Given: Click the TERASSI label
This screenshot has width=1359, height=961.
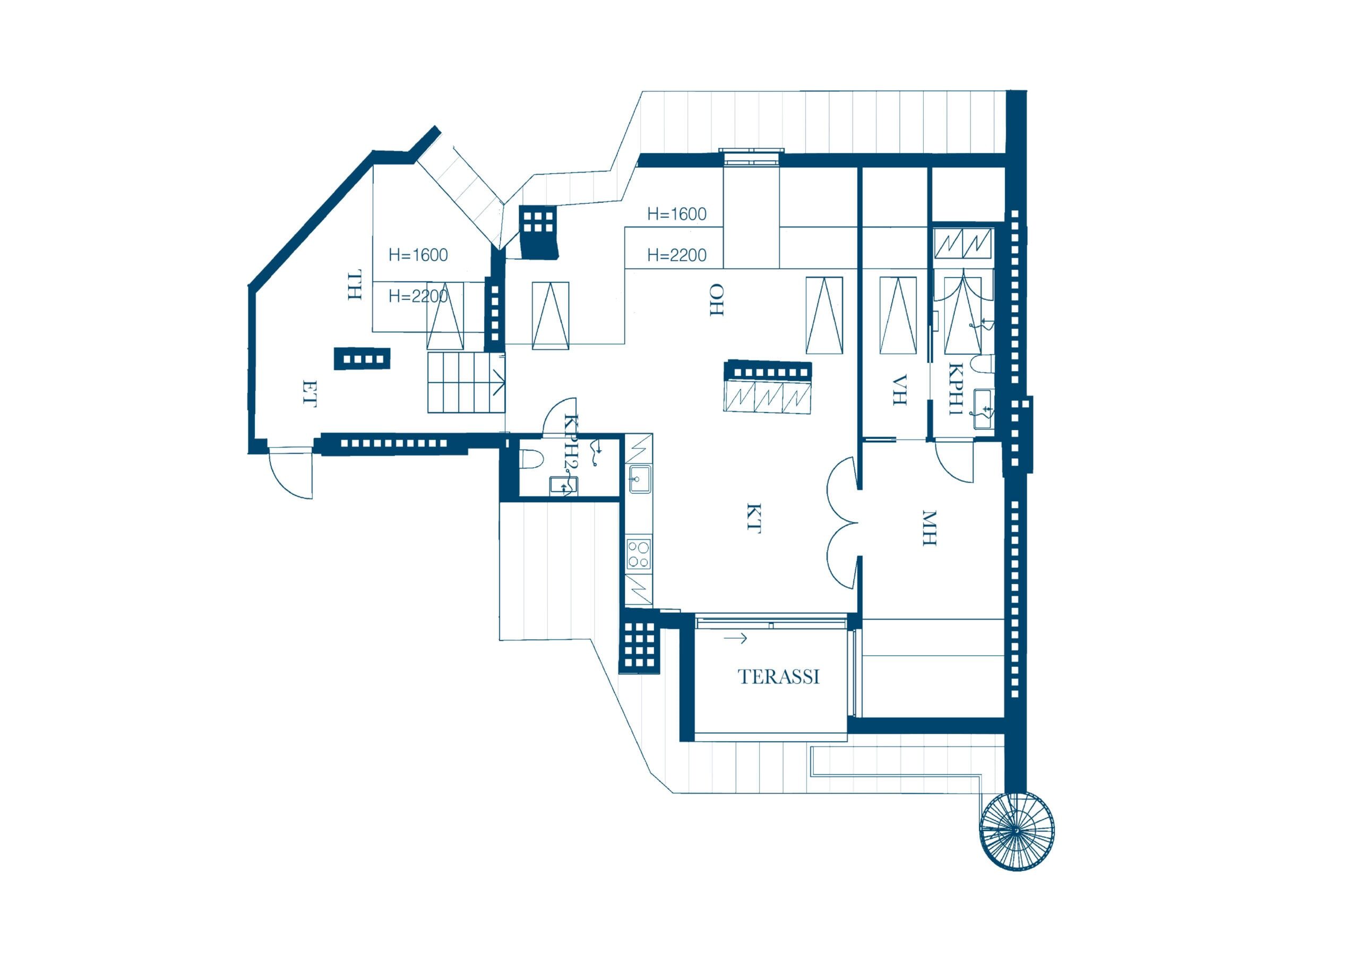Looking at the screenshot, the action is [778, 677].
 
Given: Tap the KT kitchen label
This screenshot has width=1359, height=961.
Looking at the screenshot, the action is [753, 518].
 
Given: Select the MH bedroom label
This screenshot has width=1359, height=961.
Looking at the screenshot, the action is [930, 528].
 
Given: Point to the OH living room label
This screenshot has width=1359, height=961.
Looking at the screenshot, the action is [717, 299].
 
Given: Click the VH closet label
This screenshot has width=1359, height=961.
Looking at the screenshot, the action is [899, 390].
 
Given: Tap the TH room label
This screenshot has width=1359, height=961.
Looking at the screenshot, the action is [354, 286].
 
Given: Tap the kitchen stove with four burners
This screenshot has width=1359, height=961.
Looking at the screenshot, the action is [639, 554].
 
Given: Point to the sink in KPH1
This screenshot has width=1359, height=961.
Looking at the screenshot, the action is [984, 409].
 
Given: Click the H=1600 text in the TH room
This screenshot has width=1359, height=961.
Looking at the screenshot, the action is [418, 255].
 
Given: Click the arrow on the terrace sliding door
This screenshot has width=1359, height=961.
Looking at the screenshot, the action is [735, 638].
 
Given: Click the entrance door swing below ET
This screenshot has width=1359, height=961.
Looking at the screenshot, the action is [290, 473].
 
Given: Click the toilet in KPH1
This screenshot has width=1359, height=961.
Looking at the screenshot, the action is [985, 364].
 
